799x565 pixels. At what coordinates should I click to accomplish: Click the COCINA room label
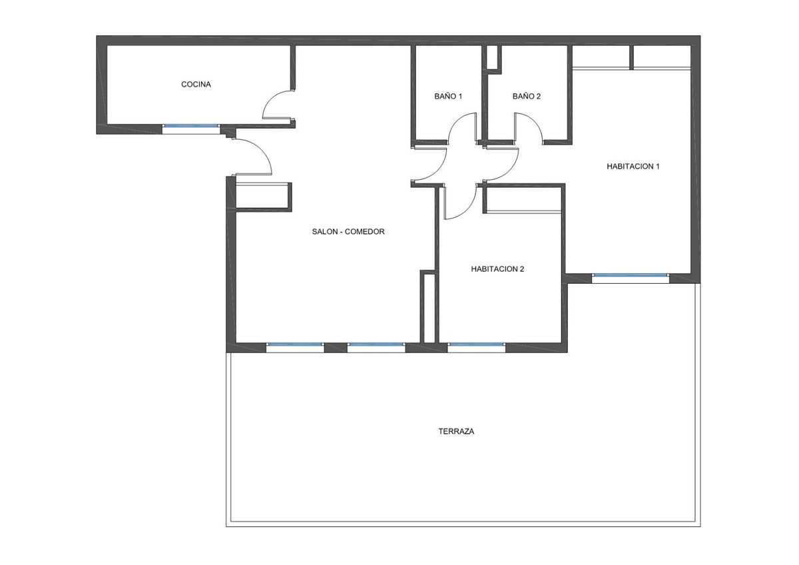click(196, 85)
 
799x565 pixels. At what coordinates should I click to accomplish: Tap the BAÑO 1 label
click(448, 97)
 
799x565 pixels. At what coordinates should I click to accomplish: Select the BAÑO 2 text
click(526, 97)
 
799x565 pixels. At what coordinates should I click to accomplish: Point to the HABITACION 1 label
click(633, 166)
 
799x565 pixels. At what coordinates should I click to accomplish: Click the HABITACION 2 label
click(497, 269)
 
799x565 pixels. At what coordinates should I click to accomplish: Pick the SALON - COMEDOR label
click(348, 232)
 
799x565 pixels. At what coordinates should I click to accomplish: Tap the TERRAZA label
click(456, 431)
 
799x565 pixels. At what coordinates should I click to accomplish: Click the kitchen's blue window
click(190, 126)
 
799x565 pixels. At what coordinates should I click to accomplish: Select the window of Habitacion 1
click(629, 275)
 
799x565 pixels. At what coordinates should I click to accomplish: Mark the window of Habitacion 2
click(476, 344)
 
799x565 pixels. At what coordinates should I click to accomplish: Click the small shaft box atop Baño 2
click(493, 58)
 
